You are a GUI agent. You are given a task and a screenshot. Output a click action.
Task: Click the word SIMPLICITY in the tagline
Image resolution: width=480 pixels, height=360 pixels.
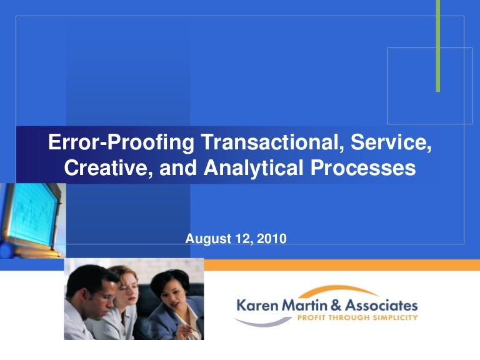(x=391, y=317)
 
